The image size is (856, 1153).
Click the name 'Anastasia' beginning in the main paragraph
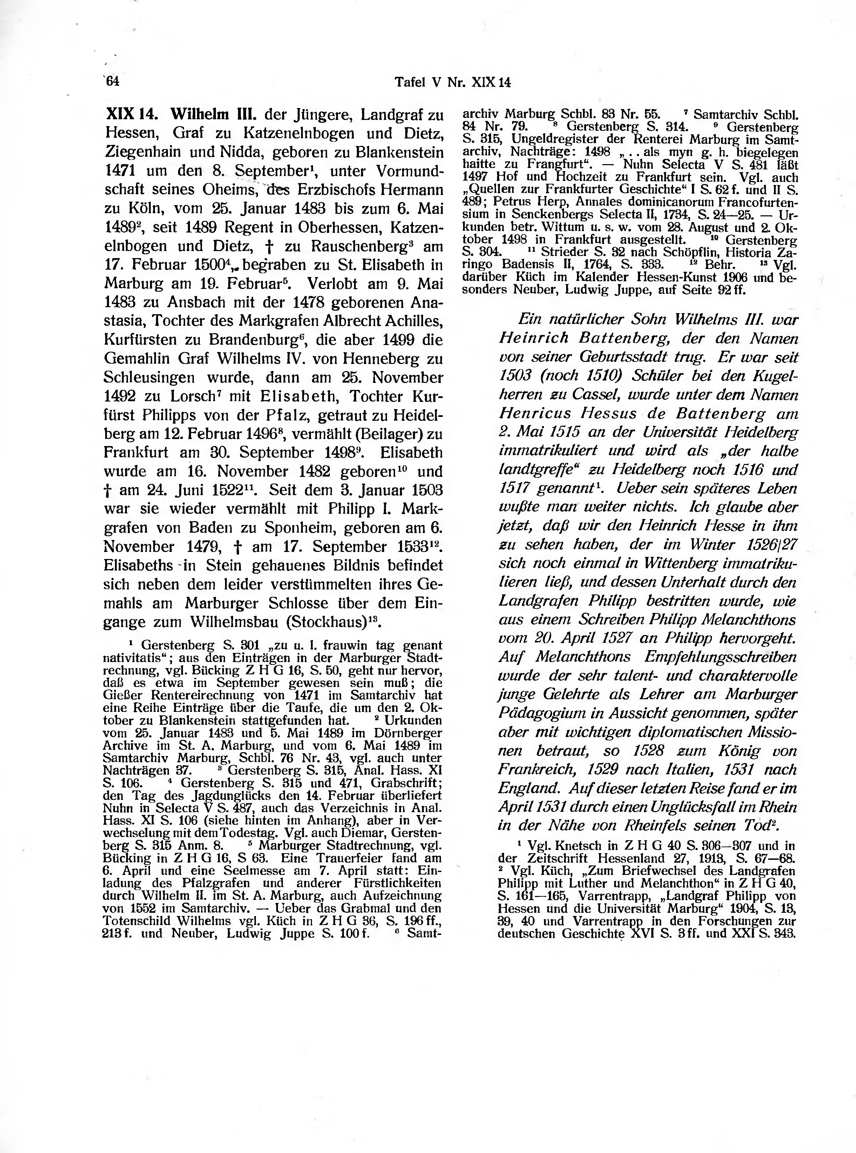tap(425, 302)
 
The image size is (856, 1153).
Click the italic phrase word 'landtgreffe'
tap(532, 470)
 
